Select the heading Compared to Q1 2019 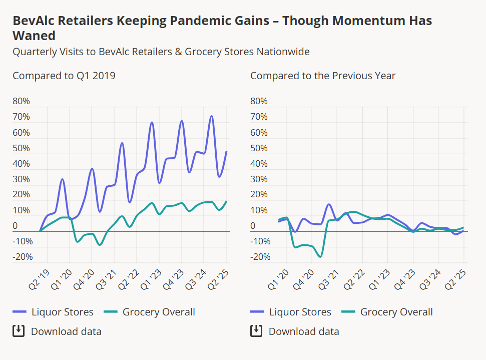coord(64,76)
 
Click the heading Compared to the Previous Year coord(323,76)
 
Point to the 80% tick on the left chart coord(22,101)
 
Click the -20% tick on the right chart coord(259,257)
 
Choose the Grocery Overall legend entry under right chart coord(388,312)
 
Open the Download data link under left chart coord(66,331)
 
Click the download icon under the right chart coord(256,331)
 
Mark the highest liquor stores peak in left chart coord(212,117)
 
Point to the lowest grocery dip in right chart coord(320,256)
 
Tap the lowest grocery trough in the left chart coord(100,245)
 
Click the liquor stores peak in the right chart coord(329,204)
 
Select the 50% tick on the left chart coord(22,148)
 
